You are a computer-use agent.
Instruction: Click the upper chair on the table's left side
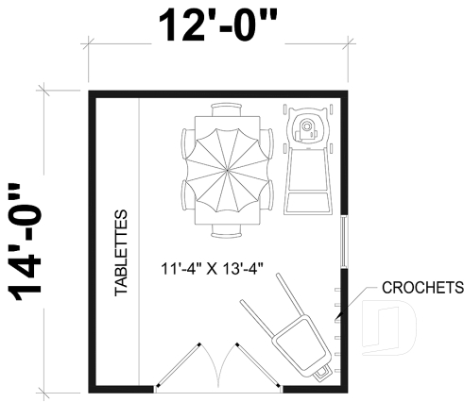[x=187, y=143]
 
